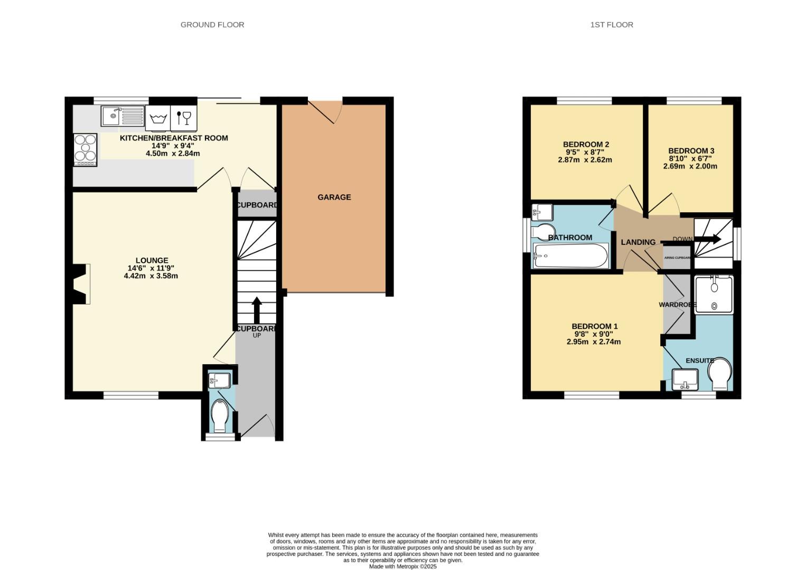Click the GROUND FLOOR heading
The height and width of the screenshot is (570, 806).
coord(212,24)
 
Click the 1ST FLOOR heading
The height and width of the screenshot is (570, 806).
coord(612,24)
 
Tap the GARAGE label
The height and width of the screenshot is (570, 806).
coord(334,197)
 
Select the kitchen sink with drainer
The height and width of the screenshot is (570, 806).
coord(123,116)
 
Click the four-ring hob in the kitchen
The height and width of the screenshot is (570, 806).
coord(85,149)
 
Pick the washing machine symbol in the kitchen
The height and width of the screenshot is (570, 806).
coord(157,118)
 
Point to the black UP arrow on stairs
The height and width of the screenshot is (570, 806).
coord(257,310)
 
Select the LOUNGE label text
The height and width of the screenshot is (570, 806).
coord(152,260)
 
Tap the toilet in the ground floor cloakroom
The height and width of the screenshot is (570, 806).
coord(219,415)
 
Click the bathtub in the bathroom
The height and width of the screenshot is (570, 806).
coord(570,256)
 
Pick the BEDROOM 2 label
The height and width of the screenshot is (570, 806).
coord(586,144)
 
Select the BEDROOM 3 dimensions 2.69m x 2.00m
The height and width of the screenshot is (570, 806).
coord(690,166)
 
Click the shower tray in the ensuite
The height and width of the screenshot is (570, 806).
coord(714,295)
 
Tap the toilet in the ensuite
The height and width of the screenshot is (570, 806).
coord(720,375)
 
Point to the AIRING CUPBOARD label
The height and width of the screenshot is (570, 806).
coord(678,258)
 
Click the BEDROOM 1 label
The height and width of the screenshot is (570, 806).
coord(594,326)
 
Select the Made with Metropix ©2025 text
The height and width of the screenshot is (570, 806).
coord(402,566)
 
